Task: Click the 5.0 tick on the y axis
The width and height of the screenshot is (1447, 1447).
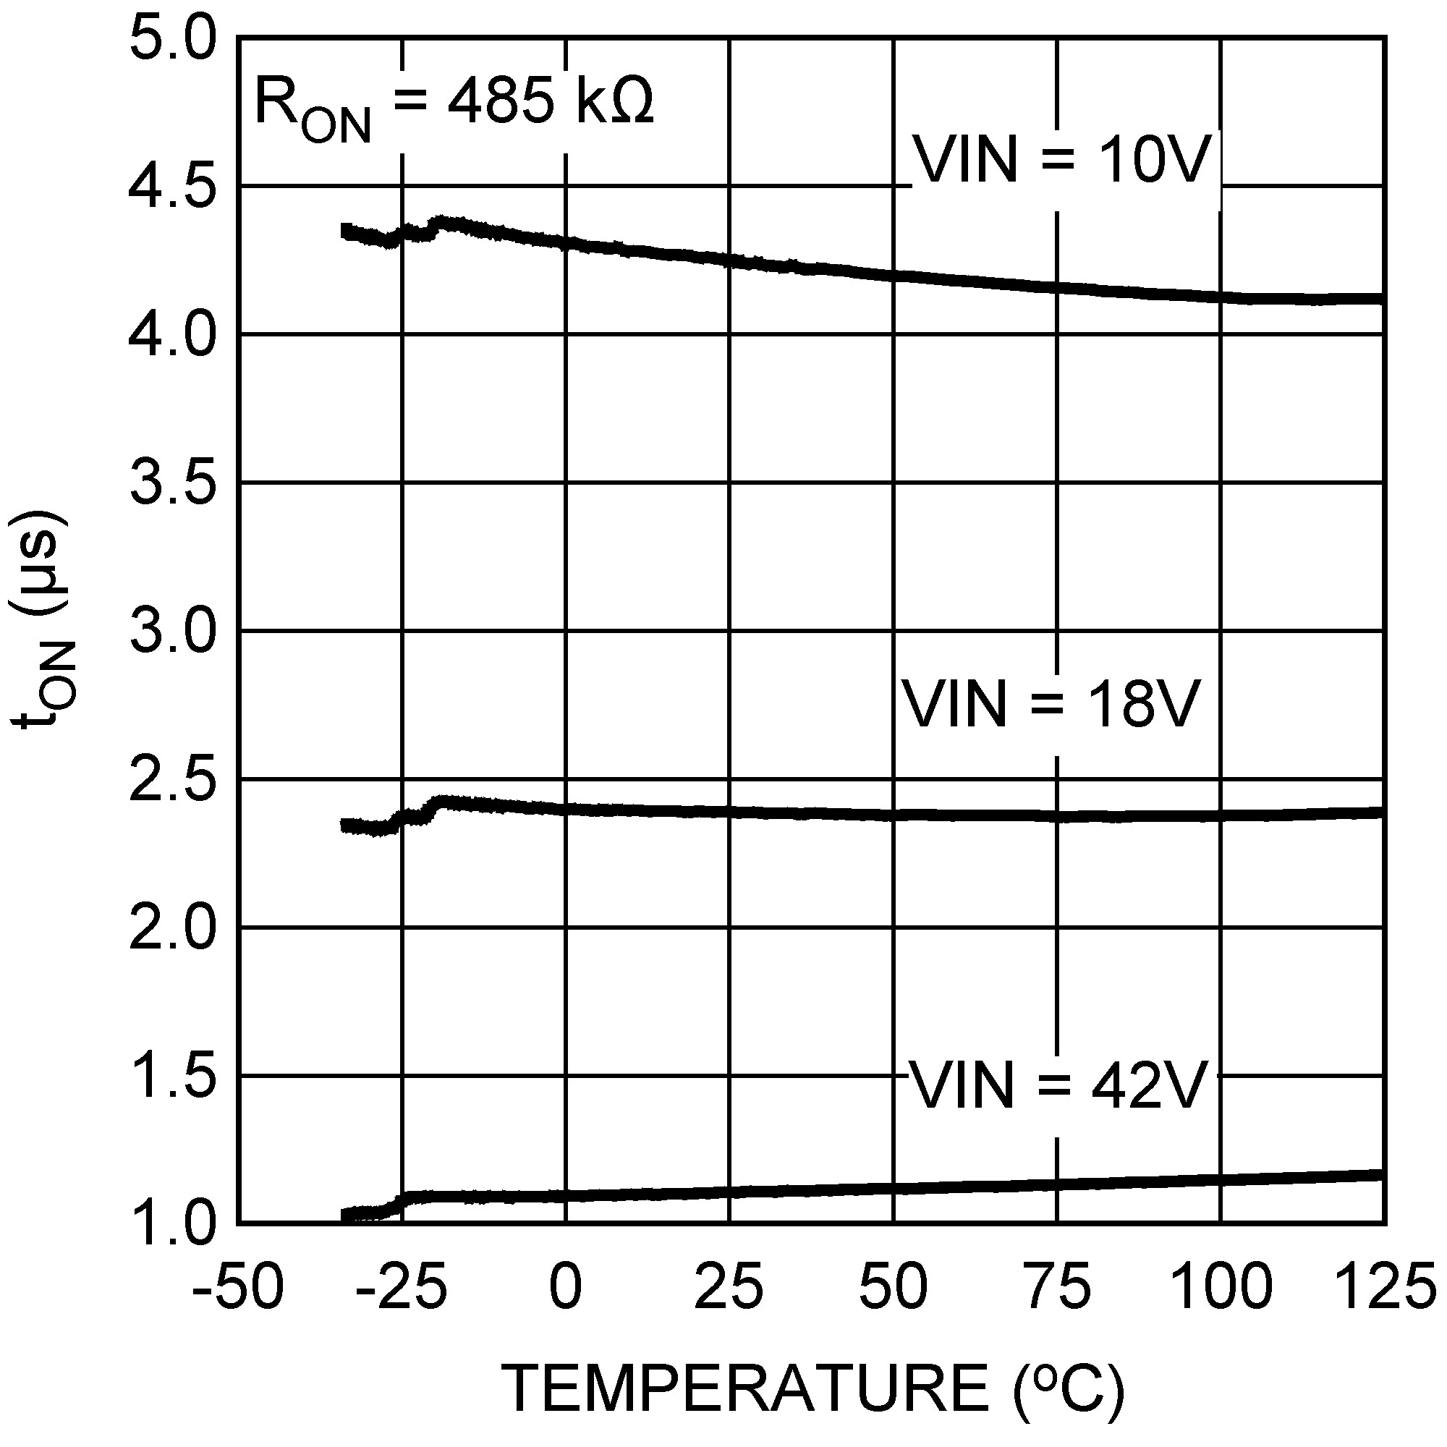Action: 173,40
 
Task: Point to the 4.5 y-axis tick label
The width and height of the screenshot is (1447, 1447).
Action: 173,188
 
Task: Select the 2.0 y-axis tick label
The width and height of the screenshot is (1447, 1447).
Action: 173,930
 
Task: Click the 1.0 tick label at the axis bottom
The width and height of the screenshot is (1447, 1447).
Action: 173,1226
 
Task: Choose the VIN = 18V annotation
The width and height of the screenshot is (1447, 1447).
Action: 1051,704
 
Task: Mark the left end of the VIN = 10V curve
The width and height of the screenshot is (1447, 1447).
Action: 344,231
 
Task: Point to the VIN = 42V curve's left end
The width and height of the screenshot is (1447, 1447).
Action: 344,1215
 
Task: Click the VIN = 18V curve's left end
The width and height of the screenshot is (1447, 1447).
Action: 344,826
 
